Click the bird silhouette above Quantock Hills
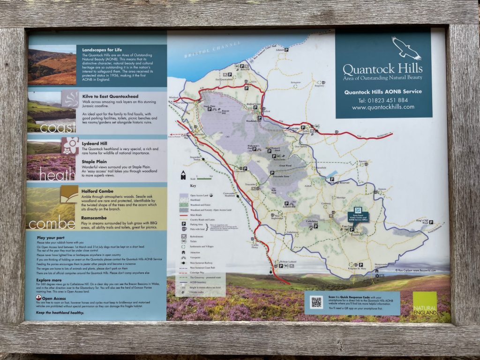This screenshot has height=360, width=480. (x=406, y=48)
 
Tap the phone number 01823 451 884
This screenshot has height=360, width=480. (x=382, y=100)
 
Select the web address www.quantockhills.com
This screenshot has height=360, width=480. (x=383, y=107)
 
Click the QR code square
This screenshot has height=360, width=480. (x=316, y=302)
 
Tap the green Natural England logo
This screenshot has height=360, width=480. (x=425, y=303)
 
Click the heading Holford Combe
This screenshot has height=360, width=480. (x=97, y=191)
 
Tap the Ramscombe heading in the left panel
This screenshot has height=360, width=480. (x=95, y=218)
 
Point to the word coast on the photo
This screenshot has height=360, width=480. (x=58, y=127)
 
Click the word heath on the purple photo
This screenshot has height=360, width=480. (x=57, y=175)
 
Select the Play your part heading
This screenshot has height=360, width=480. (x=50, y=238)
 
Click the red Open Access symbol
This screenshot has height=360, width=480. (x=38, y=298)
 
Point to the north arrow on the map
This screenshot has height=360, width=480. (x=183, y=175)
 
